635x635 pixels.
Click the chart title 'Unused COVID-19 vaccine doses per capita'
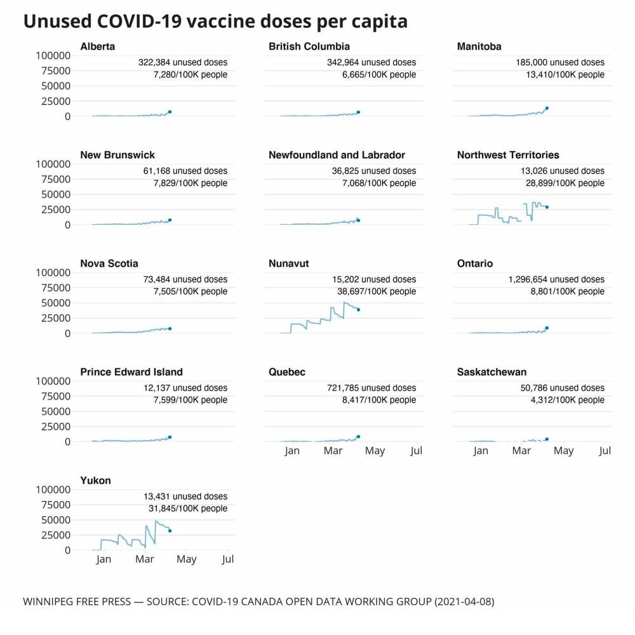coord(215,22)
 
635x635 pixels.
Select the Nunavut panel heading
coord(288,264)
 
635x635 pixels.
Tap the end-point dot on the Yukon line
coord(170,531)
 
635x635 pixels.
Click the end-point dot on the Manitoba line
coord(547,108)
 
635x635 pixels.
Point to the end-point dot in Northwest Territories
coord(547,207)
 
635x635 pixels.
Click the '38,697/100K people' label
coord(377,291)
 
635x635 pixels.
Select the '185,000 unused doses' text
coord(560,62)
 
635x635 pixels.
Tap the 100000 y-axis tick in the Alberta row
coord(53,55)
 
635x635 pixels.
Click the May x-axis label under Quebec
coord(375,451)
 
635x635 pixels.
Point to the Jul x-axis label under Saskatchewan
coord(605,451)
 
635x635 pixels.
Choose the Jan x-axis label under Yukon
coord(104,559)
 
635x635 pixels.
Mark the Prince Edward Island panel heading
coord(131,372)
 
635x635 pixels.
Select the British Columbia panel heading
coord(309,46)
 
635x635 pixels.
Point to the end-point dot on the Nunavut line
coord(358,310)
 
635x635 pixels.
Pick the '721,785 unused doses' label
coord(370,388)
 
